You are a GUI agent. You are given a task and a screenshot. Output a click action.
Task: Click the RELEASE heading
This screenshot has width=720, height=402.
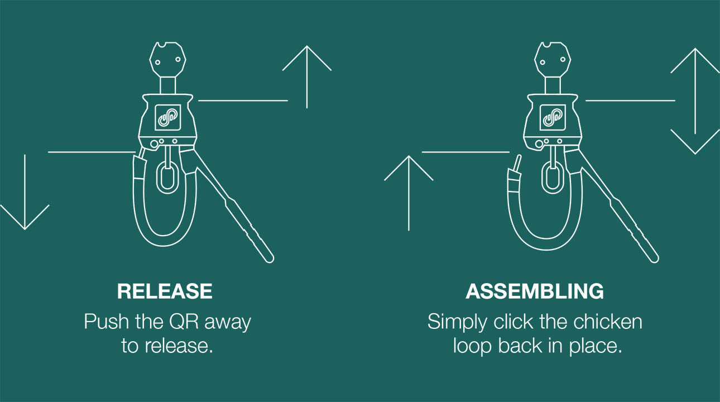(165, 291)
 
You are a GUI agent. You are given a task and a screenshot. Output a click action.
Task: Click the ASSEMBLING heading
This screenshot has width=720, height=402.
(535, 291)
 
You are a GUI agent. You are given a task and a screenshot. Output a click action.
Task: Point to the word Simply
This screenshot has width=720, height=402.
(457, 322)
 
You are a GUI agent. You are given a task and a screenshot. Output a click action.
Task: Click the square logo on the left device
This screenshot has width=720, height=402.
(167, 117)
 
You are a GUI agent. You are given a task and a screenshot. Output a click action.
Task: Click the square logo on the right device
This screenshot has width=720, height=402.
(552, 117)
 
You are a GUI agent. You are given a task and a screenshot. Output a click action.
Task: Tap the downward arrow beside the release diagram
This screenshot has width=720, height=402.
(25, 192)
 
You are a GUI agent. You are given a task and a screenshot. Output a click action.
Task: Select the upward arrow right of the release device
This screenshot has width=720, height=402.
(307, 77)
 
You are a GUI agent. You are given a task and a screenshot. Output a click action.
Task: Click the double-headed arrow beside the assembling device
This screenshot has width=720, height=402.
(695, 101)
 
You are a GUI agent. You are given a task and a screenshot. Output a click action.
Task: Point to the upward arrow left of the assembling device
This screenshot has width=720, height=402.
(409, 193)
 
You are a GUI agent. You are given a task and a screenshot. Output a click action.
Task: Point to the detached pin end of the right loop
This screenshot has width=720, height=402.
(517, 163)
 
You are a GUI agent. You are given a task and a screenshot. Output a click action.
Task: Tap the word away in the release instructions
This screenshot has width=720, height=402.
(228, 322)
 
